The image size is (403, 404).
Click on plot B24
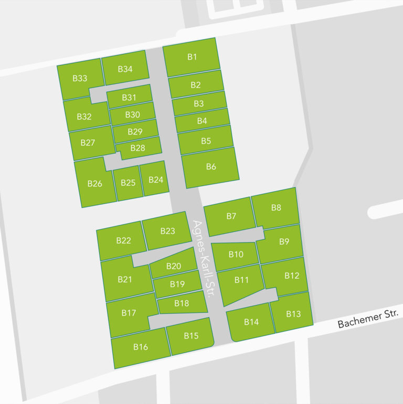point(155,180)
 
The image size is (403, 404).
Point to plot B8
point(276,208)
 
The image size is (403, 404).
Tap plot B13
point(293,314)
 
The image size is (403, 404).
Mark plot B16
point(141,347)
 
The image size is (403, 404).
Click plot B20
point(173,266)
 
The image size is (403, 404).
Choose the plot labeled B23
point(167,231)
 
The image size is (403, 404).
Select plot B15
point(190,336)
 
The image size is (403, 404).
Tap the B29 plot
point(135,132)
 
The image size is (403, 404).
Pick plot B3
point(198,104)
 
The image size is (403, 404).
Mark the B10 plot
point(236,255)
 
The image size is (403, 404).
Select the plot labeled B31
point(129,97)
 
